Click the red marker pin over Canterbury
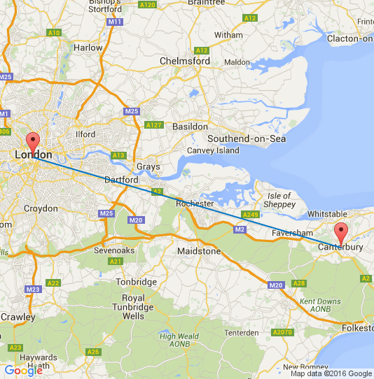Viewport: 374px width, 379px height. point(341,232)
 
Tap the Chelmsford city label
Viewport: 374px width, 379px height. point(185,61)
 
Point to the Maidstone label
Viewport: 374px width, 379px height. point(200,250)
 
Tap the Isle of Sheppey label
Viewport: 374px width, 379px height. point(279,200)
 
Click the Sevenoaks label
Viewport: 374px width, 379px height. point(114,250)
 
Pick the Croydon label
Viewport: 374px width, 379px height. point(41,208)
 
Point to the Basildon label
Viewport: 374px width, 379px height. point(191,127)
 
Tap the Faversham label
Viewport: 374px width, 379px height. point(292,232)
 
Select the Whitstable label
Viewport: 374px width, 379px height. point(327,213)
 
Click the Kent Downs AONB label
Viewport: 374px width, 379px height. point(320,305)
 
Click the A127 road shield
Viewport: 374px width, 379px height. point(153,125)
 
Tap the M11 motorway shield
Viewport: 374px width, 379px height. point(116,22)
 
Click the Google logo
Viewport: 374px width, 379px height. point(23,371)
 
